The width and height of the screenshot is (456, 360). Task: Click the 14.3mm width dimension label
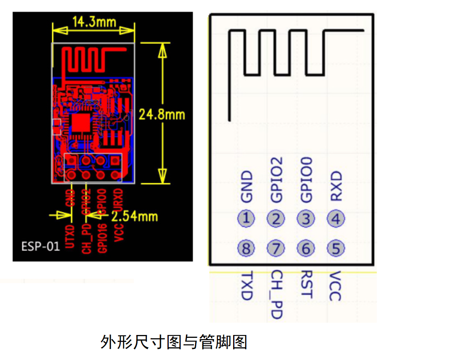pyautogui.click(x=94, y=21)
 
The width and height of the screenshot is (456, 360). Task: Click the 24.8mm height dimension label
pyautogui.click(x=162, y=114)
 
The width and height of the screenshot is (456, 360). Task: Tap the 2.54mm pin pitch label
pyautogui.click(x=135, y=216)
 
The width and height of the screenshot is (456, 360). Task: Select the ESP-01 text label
pyautogui.click(x=41, y=247)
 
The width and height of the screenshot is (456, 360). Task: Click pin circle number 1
pyautogui.click(x=246, y=219)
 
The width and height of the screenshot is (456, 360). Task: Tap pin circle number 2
pyautogui.click(x=276, y=219)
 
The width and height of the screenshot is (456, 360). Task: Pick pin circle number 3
pyautogui.click(x=306, y=219)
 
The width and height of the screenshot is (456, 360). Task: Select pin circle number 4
pyautogui.click(x=336, y=219)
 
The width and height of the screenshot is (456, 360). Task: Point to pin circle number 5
pyautogui.click(x=336, y=248)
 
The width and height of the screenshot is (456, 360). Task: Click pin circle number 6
pyautogui.click(x=306, y=248)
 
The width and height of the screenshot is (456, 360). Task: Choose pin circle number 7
pyautogui.click(x=276, y=248)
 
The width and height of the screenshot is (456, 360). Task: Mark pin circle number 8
pyautogui.click(x=246, y=248)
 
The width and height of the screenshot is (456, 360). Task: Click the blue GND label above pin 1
pyautogui.click(x=246, y=187)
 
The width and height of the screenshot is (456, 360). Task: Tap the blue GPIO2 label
pyautogui.click(x=276, y=180)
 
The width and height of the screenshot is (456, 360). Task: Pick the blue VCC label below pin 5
pyautogui.click(x=336, y=286)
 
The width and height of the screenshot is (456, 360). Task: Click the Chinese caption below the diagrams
pyautogui.click(x=174, y=342)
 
